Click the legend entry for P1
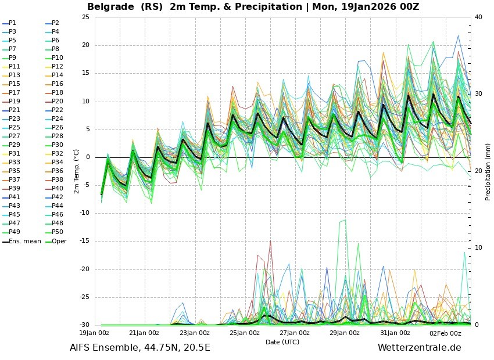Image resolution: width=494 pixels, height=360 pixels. tap(12, 23)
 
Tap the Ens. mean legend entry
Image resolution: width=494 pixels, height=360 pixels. tap(22, 241)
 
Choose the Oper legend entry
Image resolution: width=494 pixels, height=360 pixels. tap(59, 241)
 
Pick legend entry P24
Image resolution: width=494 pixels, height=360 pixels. tap(57, 118)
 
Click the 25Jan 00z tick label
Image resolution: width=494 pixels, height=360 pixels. tap(245, 333)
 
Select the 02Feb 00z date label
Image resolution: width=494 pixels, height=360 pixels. tap(446, 333)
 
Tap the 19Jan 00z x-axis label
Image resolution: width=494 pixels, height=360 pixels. tap(94, 333)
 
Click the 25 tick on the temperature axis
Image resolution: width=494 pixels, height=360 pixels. tap(85, 17)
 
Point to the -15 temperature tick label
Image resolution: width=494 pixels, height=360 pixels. tap(83, 241)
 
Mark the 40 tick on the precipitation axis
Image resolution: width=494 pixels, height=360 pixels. tap(478, 17)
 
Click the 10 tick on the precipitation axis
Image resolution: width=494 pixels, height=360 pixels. tap(478, 248)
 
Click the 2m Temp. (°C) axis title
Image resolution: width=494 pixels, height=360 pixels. tap(76, 171)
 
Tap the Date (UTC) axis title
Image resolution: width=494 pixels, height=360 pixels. tap(282, 342)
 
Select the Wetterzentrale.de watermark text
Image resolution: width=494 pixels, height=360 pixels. tap(419, 348)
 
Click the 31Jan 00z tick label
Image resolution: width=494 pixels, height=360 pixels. tap(396, 333)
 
